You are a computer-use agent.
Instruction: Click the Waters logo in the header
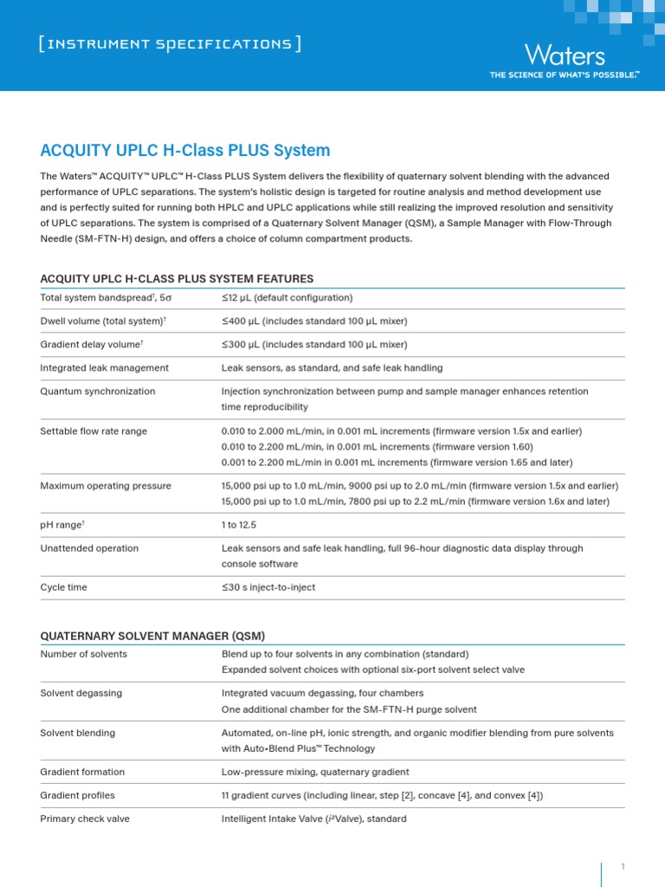565,55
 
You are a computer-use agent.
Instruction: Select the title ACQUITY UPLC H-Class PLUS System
185,150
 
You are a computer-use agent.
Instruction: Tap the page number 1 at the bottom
623,866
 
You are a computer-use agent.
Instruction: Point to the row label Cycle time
64,587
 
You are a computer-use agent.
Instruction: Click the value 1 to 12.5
239,525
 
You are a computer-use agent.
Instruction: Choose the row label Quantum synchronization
98,392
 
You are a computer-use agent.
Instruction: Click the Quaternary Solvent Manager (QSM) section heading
152,636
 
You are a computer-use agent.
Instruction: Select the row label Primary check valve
85,819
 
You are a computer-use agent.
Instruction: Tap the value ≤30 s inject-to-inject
268,587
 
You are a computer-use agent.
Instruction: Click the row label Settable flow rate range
94,431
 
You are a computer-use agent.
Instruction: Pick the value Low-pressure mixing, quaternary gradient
315,772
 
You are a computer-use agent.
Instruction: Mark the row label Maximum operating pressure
106,486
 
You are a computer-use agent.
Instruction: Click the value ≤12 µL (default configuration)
287,298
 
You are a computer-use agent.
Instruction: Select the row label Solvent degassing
81,694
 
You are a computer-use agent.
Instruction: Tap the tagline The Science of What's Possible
565,75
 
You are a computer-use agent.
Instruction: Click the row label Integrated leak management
105,368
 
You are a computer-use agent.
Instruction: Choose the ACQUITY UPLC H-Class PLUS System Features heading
177,278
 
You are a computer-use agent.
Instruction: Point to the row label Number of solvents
84,654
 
